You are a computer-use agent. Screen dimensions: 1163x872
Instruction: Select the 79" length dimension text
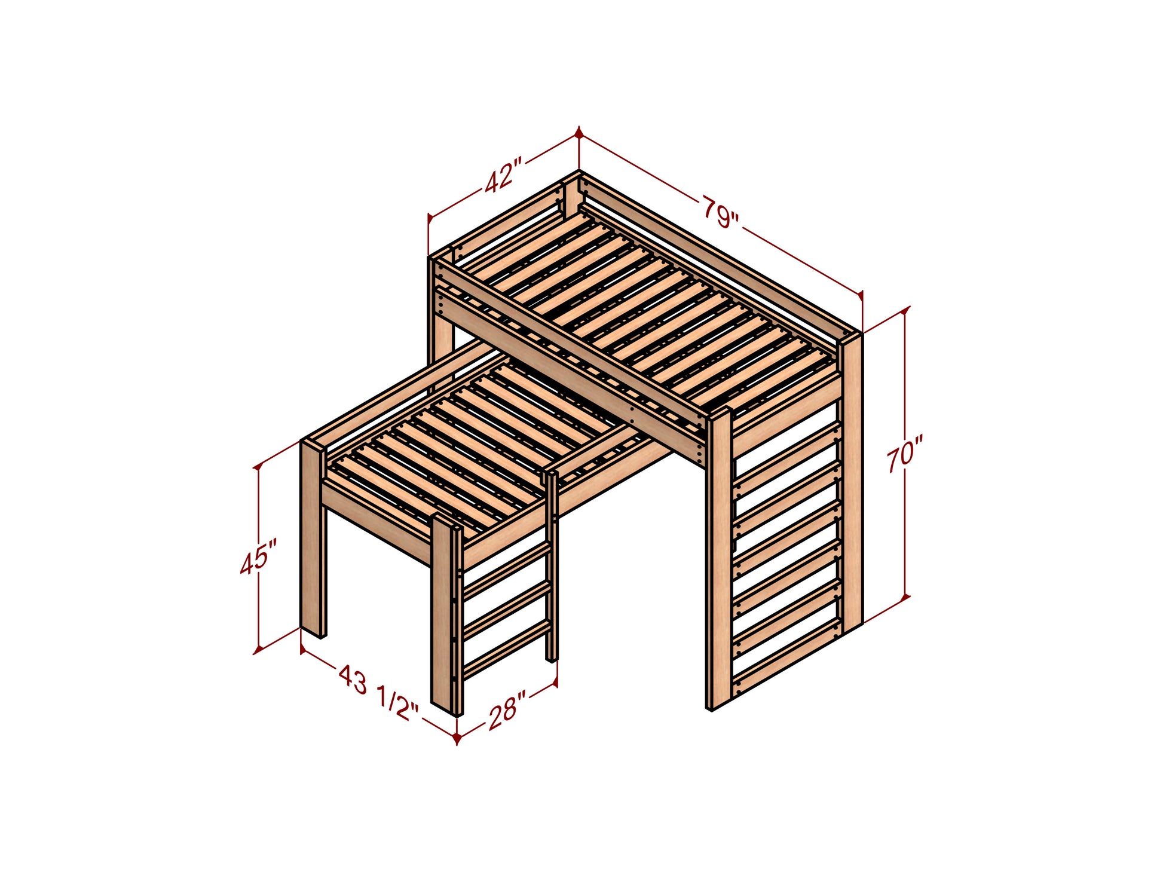(720, 212)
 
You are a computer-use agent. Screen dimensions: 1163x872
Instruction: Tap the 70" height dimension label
(904, 454)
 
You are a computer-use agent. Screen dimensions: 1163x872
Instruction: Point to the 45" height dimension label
(259, 557)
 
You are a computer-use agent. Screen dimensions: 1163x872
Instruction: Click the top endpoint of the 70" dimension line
(905, 310)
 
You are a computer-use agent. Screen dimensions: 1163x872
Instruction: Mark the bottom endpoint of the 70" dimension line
(905, 596)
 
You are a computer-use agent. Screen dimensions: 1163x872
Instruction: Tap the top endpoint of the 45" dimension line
(259, 466)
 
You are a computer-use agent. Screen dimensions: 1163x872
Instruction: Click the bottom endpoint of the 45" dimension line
(259, 649)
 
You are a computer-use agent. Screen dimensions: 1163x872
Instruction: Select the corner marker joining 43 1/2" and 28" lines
(457, 738)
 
